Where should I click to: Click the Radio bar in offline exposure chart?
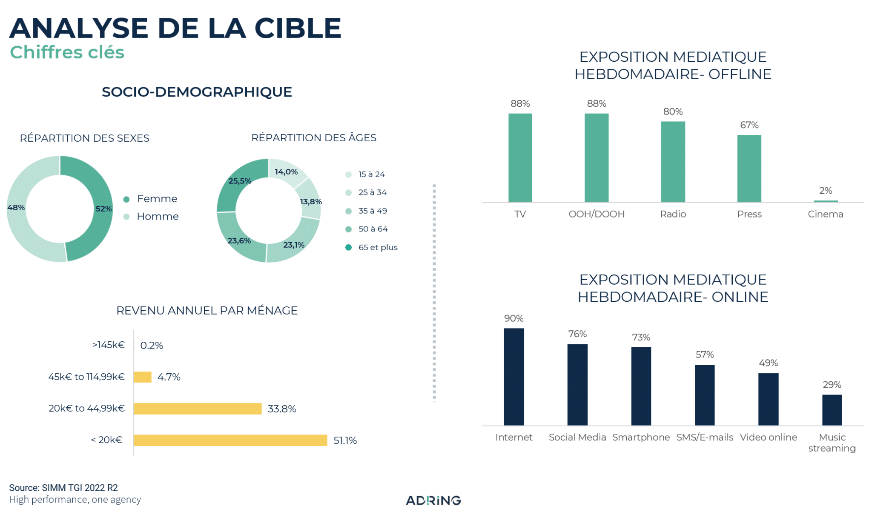[673, 162]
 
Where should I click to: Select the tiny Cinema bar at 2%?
[825, 201]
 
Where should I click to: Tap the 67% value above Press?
[749, 125]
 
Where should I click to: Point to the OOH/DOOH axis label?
[597, 214]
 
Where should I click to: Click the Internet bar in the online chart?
[513, 377]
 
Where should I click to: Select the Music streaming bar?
[832, 410]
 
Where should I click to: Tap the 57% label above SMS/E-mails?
[705, 355]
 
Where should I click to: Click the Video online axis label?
[768, 437]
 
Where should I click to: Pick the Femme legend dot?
[126, 199]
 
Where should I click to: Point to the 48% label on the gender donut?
[16, 208]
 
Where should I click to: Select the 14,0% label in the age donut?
[286, 172]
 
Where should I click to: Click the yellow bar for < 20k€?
[230, 440]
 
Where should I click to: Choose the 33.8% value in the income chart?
[281, 409]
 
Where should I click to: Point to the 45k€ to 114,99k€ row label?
[86, 377]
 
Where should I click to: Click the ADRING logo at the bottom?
[433, 500]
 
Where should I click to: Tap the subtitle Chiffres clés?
[67, 52]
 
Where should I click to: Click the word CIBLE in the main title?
[298, 28]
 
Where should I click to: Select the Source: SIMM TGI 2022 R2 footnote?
[63, 488]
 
